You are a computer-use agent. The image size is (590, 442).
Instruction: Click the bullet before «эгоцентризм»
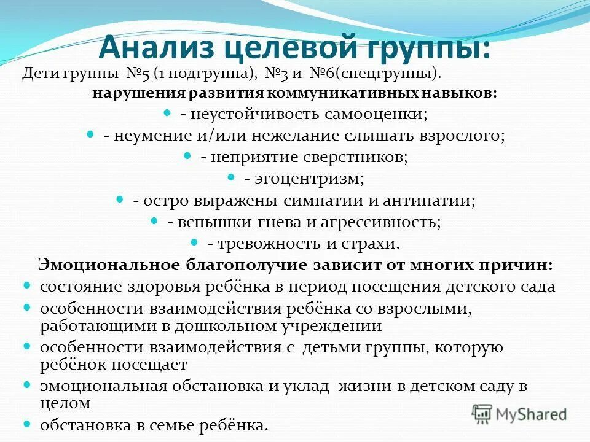point(231,177)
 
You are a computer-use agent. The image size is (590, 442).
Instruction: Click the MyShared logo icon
point(483,413)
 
